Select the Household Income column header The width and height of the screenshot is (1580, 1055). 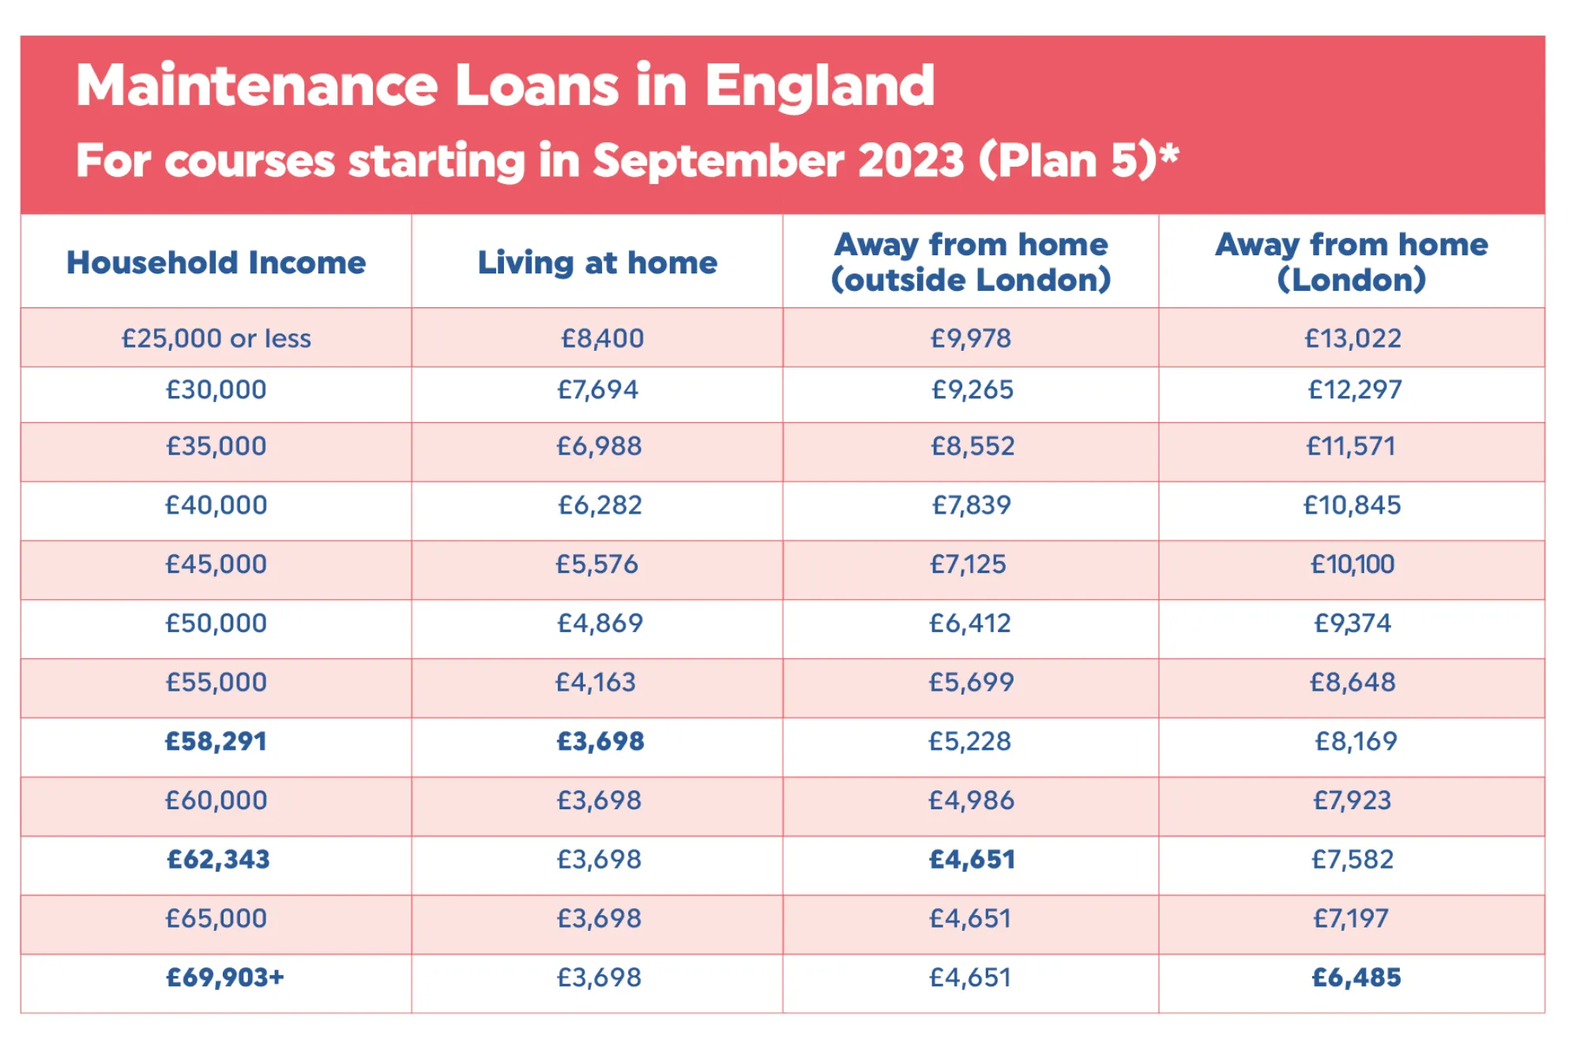pyautogui.click(x=216, y=262)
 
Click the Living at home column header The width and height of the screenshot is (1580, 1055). pyautogui.click(x=597, y=262)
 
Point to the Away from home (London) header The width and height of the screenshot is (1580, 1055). pyautogui.click(x=1352, y=262)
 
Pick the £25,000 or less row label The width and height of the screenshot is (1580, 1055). pyautogui.click(x=216, y=338)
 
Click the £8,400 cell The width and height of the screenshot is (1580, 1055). pyautogui.click(x=602, y=338)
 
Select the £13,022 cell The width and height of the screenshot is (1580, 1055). pyautogui.click(x=1352, y=338)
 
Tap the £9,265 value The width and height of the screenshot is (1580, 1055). pyautogui.click(x=972, y=390)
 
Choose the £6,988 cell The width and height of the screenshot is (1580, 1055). pyautogui.click(x=599, y=446)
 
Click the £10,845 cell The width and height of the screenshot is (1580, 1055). pyautogui.click(x=1352, y=505)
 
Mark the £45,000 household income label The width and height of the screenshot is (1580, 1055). pyautogui.click(x=216, y=564)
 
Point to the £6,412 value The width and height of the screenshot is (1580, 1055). pyautogui.click(x=970, y=624)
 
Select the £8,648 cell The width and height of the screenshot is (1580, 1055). pyautogui.click(x=1352, y=682)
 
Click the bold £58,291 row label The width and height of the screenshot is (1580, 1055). pyautogui.click(x=216, y=741)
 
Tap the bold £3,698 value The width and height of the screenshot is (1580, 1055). pyautogui.click(x=600, y=741)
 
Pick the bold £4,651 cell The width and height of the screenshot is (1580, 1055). pyautogui.click(x=972, y=860)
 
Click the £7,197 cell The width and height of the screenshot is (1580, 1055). pyautogui.click(x=1351, y=918)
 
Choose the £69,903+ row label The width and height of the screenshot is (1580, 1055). pyautogui.click(x=224, y=978)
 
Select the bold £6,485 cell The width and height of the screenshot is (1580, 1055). pyautogui.click(x=1356, y=978)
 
